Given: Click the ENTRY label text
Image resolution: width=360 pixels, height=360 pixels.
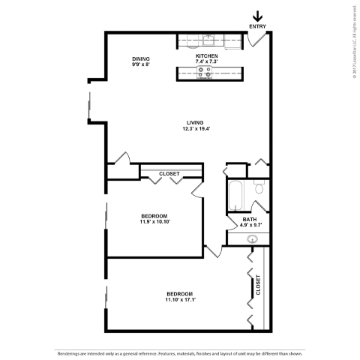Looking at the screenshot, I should tap(257, 27).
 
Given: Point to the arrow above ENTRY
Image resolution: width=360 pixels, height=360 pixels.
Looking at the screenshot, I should tap(257, 15).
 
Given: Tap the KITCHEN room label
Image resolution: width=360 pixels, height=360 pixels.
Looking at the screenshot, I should tap(207, 55).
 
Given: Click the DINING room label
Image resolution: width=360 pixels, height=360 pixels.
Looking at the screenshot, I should tap(140, 58).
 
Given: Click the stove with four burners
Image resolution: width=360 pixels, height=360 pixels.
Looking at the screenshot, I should tap(205, 72).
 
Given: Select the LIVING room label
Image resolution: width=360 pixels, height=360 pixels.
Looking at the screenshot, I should tap(196, 122).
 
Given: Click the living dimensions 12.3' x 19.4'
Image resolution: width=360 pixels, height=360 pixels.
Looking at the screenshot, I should tap(196, 128).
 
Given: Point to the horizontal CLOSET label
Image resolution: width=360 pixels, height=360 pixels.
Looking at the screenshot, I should tap(169, 174).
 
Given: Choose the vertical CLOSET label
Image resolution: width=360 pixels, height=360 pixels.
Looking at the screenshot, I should tap(258, 286).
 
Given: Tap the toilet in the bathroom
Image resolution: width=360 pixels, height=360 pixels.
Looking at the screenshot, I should tap(259, 188).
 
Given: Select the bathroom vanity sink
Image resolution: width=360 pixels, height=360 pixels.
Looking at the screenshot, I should tap(253, 240).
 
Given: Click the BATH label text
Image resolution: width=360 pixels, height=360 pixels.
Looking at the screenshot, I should tap(250, 219).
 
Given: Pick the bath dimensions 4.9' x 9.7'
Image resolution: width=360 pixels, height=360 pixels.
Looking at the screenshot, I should tap(250, 225).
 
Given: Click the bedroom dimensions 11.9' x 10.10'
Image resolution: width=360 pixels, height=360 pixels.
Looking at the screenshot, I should tap(154, 222).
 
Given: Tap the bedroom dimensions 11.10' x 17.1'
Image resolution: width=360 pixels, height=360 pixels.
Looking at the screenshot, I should tap(179, 299).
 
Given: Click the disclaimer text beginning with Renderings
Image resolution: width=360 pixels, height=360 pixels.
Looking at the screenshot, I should tap(180, 351).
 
